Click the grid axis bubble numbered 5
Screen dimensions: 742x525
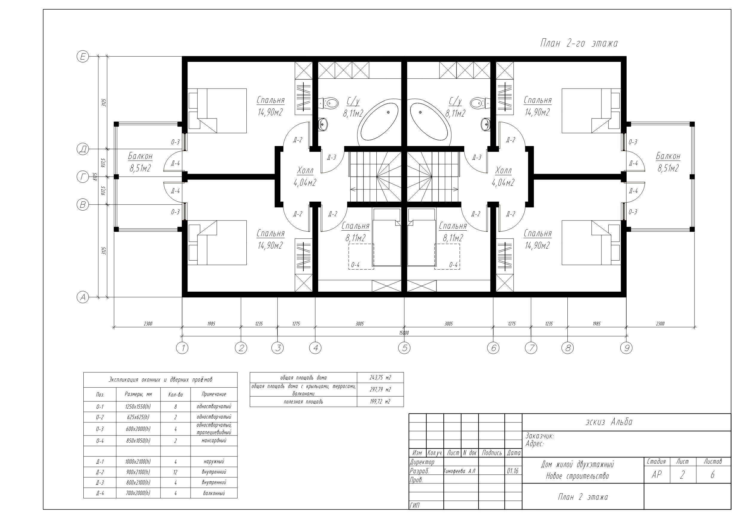(404, 348)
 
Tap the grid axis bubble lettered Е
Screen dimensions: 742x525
(83, 57)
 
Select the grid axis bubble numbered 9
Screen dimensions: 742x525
(626, 348)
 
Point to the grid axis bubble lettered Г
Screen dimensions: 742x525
(83, 177)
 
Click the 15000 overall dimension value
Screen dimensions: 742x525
(404, 333)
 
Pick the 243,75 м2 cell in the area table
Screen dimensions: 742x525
(380, 378)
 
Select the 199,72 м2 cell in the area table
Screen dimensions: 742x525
(380, 401)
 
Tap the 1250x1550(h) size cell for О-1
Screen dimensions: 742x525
(138, 407)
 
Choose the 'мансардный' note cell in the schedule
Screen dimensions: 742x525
(214, 441)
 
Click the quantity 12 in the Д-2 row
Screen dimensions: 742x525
(175, 472)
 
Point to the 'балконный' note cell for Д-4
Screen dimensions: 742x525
(214, 493)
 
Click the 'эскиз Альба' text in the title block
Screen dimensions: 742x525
(609, 422)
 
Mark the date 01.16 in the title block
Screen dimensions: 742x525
(513, 471)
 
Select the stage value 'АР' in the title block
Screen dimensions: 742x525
(656, 474)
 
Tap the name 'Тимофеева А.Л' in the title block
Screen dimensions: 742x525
(459, 471)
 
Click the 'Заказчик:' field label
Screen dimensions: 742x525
(539, 436)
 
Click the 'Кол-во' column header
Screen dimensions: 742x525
(175, 395)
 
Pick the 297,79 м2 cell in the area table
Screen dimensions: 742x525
(380, 389)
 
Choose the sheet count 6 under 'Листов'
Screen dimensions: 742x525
(712, 474)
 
